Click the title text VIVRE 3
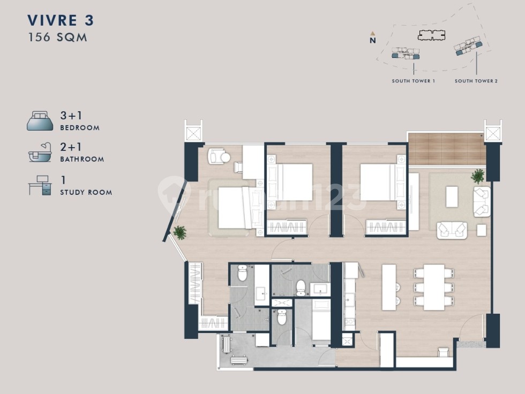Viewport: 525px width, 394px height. [x=61, y=20]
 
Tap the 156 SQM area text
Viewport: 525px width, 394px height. [x=58, y=37]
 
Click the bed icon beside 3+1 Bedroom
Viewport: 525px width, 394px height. [x=40, y=121]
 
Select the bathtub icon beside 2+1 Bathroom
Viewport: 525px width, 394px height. [x=40, y=153]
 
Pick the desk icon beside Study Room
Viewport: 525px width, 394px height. [x=40, y=185]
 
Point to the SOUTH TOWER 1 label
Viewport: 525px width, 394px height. [x=414, y=81]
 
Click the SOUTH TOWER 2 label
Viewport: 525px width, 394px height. [x=476, y=81]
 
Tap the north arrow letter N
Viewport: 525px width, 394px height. [x=373, y=41]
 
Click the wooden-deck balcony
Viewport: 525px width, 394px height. [x=446, y=149]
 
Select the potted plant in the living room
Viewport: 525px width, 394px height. [x=478, y=176]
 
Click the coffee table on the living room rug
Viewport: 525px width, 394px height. [x=452, y=196]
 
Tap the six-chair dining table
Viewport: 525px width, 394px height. [x=434, y=287]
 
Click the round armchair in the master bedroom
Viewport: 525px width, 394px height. [x=219, y=156]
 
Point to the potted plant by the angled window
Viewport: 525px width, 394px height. [x=180, y=232]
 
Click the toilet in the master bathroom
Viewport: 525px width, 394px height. [x=242, y=273]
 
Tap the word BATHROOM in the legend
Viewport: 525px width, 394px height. [x=82, y=159]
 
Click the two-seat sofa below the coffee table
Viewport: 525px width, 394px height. [x=452, y=230]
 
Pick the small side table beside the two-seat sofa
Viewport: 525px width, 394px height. [x=482, y=230]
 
